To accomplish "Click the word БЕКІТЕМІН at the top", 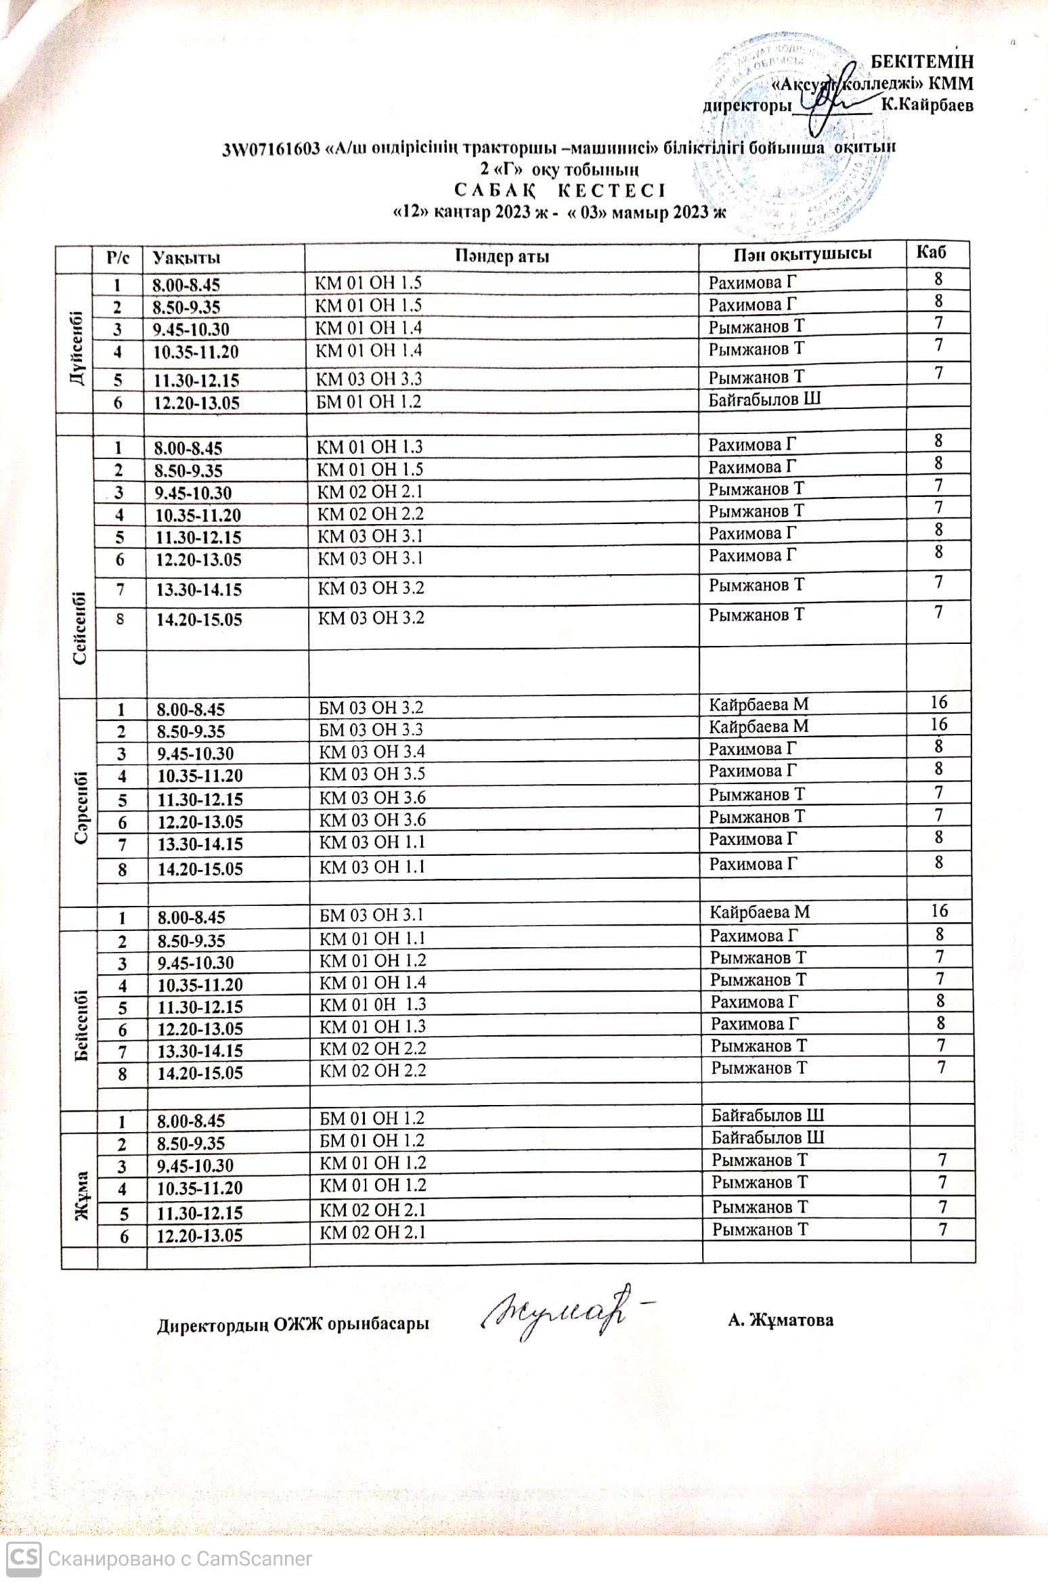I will [921, 62].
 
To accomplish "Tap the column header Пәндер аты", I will [502, 257].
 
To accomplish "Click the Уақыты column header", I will [186, 258].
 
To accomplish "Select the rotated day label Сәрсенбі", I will [82, 807].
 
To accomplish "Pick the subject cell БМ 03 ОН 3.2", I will [371, 708].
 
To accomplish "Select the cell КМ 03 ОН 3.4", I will [372, 752].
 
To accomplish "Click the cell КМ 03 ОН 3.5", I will [372, 775].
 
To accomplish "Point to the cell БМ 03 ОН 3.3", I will [371, 730].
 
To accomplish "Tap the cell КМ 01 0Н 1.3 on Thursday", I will [372, 1005].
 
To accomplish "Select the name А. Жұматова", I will [781, 1320].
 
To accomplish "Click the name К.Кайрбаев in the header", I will [927, 105].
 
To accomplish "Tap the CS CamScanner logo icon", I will [24, 1558].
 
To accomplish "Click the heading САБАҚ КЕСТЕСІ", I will [561, 190].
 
